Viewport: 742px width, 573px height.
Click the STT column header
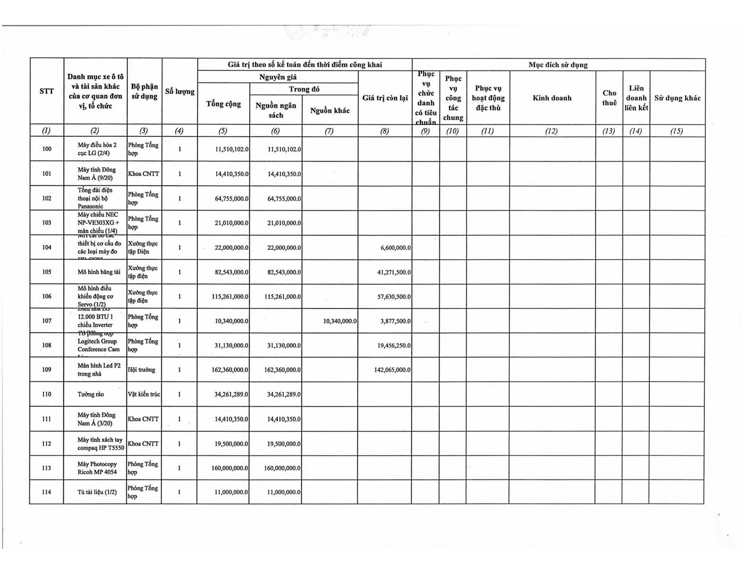click(x=47, y=91)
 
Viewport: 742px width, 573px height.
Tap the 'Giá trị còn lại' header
click(x=385, y=98)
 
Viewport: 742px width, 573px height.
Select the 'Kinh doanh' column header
click(x=552, y=98)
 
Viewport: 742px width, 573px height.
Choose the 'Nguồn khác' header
click(x=330, y=110)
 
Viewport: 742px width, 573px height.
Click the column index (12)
click(x=551, y=131)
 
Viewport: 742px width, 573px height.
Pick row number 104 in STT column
click(x=47, y=247)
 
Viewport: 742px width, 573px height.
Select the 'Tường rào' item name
click(x=90, y=394)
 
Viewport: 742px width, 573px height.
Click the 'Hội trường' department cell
click(x=141, y=370)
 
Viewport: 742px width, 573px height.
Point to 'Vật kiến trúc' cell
click(x=144, y=394)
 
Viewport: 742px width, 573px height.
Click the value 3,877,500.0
click(x=396, y=321)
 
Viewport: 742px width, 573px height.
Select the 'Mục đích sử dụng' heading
click(x=558, y=65)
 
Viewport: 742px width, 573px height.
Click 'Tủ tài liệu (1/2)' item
click(x=97, y=492)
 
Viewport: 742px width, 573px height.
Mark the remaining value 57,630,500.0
click(x=394, y=296)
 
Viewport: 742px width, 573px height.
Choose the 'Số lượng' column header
click(x=180, y=91)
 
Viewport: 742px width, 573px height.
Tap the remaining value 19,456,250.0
click(x=394, y=345)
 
